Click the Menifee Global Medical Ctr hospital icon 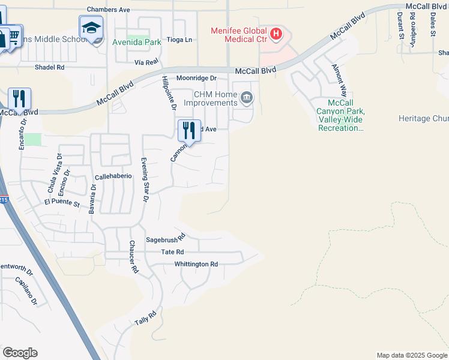(276, 34)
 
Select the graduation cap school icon (91, 28)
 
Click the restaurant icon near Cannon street (189, 129)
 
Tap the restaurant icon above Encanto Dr (19, 98)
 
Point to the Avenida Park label (137, 43)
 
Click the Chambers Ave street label (109, 10)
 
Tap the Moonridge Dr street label (196, 79)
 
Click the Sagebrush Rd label (166, 239)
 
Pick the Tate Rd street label (172, 252)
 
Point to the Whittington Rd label (196, 264)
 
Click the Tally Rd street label (145, 318)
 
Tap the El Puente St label (62, 204)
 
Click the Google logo (20, 353)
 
